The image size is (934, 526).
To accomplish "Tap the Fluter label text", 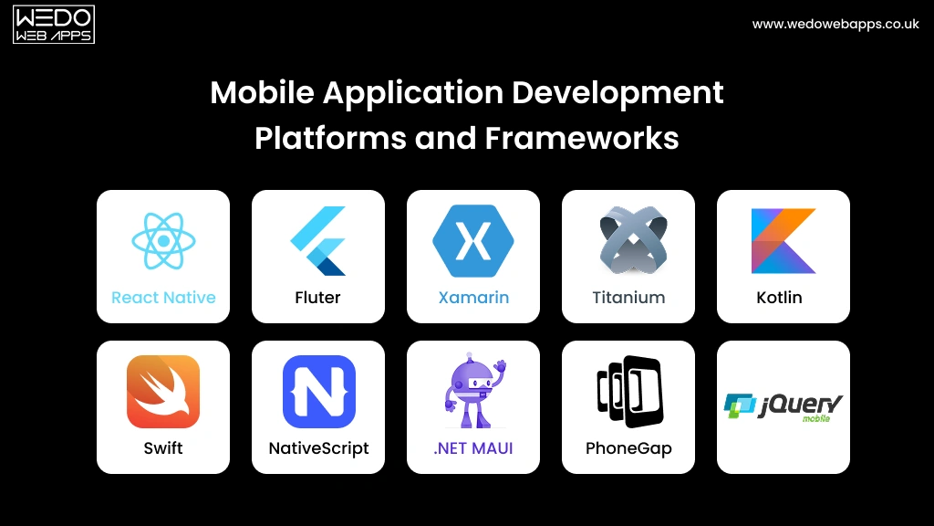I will (318, 298).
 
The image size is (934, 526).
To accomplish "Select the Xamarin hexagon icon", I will (472, 241).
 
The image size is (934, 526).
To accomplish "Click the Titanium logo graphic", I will (628, 242).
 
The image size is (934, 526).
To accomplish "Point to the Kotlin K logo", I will (784, 241).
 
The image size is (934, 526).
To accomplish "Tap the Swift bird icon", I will (163, 392).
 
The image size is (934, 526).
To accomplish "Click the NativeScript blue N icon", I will (318, 392).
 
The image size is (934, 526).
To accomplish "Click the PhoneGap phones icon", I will (628, 392).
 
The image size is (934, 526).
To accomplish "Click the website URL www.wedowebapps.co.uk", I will (835, 25).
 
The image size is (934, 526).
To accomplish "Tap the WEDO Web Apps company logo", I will (54, 25).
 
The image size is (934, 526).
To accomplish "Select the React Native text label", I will (163, 298).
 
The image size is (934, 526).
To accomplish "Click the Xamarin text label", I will (473, 298).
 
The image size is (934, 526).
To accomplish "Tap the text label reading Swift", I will (163, 448).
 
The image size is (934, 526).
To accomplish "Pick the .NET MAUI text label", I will (472, 448).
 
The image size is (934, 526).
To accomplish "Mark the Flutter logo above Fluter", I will (318, 241).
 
